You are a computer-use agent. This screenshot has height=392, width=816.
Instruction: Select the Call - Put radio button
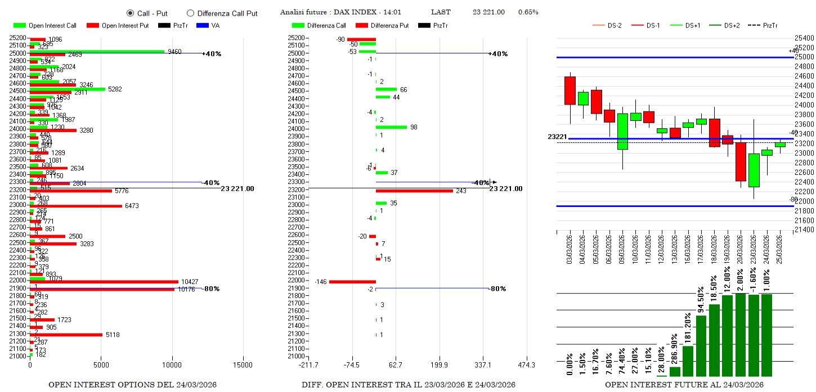tap(130, 13)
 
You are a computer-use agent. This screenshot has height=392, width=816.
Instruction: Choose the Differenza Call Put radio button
tap(190, 13)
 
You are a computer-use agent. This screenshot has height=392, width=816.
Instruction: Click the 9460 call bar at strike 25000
tap(97, 51)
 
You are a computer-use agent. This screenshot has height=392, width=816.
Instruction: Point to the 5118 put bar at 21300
tap(66, 335)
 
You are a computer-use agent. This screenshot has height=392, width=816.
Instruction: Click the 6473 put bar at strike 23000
tap(76, 206)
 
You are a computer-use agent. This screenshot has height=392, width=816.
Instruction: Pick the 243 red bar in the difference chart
tap(414, 191)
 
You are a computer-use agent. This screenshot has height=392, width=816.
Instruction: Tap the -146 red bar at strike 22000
tap(352, 281)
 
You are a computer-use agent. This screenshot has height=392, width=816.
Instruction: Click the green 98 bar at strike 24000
tap(391, 127)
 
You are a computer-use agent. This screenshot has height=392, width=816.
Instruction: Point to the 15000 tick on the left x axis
tap(243, 364)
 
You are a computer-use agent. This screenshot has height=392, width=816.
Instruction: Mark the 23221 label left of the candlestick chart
tap(557, 137)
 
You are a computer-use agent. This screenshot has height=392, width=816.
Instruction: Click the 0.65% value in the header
tap(528, 12)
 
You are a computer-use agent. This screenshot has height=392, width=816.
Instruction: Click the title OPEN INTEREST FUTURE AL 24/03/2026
tap(684, 385)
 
